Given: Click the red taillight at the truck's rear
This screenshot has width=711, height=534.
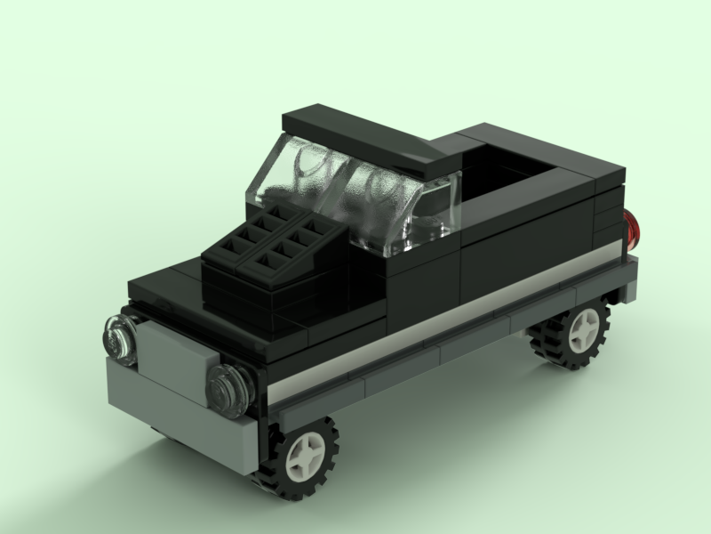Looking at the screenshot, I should [633, 228].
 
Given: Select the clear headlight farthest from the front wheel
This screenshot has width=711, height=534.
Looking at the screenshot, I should [118, 338].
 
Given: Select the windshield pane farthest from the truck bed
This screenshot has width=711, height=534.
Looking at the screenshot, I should [298, 178].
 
